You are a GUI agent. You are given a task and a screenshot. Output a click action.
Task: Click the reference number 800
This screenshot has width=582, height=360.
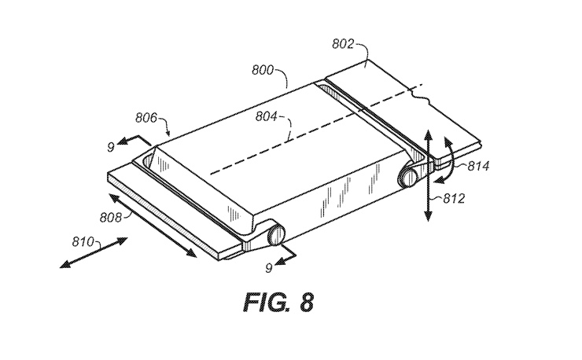tap(263, 70)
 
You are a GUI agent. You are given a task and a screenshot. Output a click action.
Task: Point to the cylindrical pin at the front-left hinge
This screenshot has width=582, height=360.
tap(273, 235)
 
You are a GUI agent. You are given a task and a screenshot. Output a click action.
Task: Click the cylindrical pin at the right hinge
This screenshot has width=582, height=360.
tap(409, 176)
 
